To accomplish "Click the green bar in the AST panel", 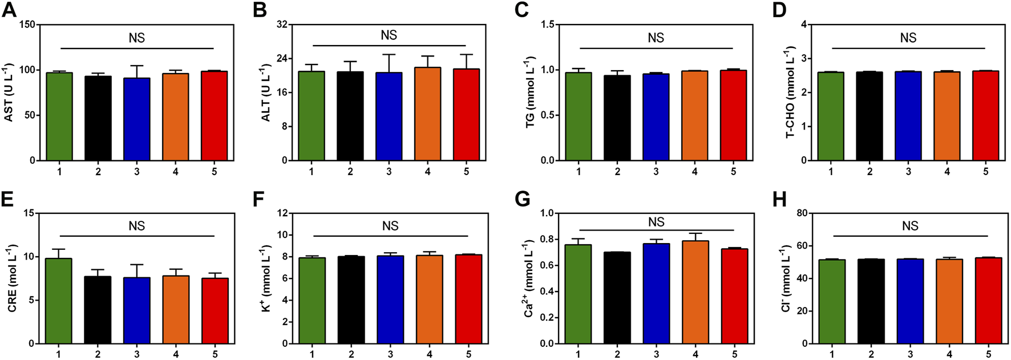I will (x=59, y=117).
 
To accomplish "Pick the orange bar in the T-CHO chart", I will (x=947, y=116).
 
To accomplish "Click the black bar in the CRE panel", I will (x=98, y=310).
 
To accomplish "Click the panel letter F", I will (x=258, y=200).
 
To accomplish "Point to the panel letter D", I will (x=779, y=10).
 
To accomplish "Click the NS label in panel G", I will (x=656, y=222).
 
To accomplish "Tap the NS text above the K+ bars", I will (x=390, y=226).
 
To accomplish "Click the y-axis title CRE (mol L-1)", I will (x=12, y=278).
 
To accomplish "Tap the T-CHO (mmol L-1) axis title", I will (x=790, y=92).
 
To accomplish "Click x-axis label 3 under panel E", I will (x=137, y=354).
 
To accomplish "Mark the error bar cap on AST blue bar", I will (x=137, y=66).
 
